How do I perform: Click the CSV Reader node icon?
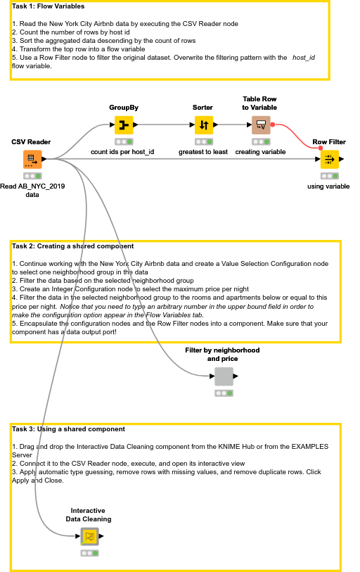32,160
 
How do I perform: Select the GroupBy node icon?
124,126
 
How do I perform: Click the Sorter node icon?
203,126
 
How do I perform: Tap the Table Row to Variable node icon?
260,126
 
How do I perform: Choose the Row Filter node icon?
329,160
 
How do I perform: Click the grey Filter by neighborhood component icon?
224,376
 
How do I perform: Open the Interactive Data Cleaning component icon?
89,537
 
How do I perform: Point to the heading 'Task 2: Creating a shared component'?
72,246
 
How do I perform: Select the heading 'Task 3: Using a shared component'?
68,428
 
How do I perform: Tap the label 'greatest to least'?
202,151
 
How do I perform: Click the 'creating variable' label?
260,151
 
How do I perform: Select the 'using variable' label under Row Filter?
328,186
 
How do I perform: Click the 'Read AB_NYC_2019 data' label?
28,190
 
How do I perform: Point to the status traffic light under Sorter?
203,141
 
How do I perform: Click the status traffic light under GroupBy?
124,141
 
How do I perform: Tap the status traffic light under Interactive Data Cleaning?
89,553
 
